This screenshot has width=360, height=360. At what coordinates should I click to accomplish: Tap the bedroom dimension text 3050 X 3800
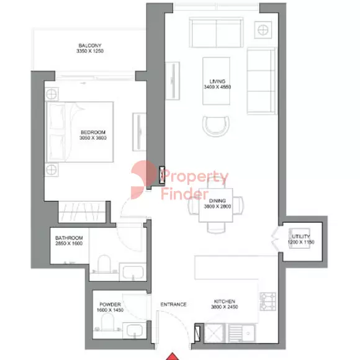93,139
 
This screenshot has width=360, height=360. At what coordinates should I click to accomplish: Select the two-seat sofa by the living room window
215,30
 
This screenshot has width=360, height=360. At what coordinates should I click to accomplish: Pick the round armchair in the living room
215,126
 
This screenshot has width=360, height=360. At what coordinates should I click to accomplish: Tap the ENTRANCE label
173,304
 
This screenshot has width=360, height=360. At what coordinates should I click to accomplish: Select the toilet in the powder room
106,322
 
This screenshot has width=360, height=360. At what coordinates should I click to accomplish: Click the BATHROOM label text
68,238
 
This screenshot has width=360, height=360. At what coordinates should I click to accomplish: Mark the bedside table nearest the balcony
52,94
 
